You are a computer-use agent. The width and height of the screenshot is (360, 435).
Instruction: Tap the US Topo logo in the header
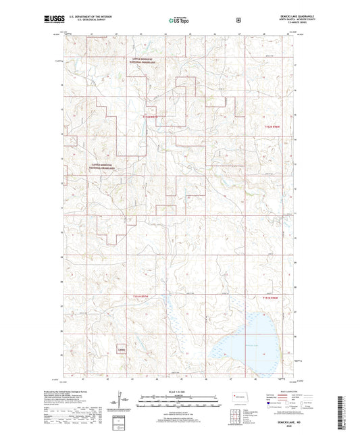tap(178, 20)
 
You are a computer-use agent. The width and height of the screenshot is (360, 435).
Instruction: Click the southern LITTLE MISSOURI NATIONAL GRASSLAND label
tap(103, 165)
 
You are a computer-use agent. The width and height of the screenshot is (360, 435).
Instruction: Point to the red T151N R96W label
tap(270, 297)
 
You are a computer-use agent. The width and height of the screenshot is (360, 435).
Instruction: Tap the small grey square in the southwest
tap(121, 349)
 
